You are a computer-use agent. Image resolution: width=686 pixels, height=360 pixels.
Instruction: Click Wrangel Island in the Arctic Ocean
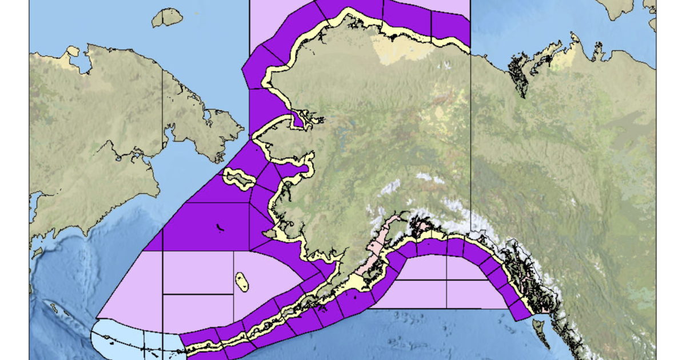(x=167, y=18)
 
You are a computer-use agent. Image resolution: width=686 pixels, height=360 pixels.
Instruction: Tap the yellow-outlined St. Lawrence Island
(x=239, y=179)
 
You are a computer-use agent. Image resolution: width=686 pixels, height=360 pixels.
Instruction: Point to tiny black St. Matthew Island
(x=220, y=228)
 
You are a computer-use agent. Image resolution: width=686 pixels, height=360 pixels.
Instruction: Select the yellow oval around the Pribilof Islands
(x=242, y=282)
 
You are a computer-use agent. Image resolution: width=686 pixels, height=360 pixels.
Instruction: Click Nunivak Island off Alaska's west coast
(x=270, y=234)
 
